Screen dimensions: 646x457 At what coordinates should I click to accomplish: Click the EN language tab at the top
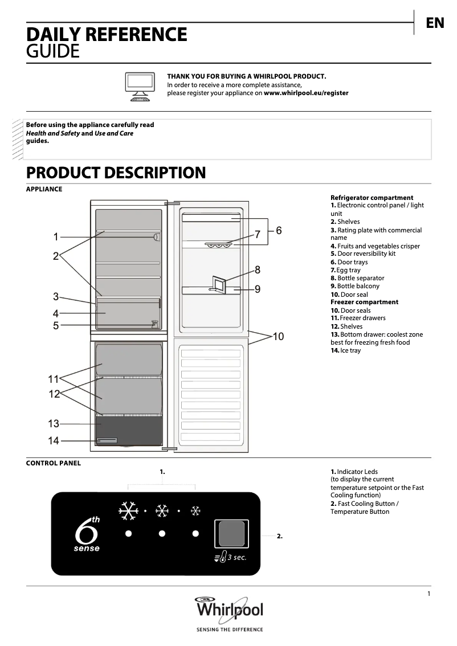click(435, 23)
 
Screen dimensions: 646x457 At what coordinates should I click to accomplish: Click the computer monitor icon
click(140, 87)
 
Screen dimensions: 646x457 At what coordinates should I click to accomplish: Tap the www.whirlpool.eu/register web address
click(306, 93)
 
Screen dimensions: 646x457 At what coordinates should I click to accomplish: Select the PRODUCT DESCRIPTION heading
click(116, 173)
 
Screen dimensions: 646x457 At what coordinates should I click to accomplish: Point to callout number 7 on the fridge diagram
click(258, 234)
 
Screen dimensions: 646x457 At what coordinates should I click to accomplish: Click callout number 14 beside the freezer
click(54, 440)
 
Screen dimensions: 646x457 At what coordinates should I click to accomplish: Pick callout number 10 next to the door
click(278, 336)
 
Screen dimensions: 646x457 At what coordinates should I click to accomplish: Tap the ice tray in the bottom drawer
click(107, 440)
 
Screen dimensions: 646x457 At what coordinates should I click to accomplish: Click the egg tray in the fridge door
click(218, 246)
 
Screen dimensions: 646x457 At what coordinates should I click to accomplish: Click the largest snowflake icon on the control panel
click(128, 511)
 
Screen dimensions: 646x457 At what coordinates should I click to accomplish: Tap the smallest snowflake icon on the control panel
click(195, 511)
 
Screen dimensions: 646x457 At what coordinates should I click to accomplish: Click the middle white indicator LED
click(162, 534)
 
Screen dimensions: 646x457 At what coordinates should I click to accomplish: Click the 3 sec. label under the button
click(237, 557)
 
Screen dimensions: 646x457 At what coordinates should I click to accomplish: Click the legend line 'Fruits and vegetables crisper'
click(375, 246)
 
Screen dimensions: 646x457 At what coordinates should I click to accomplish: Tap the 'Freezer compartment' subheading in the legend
click(364, 302)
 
